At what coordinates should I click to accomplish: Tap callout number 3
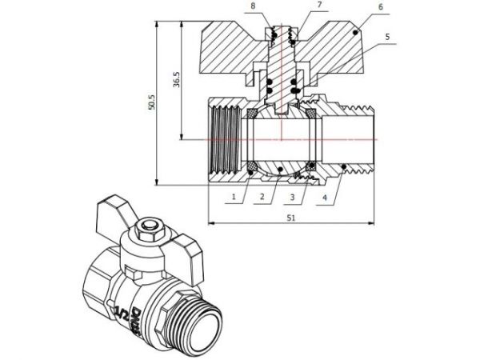(294, 196)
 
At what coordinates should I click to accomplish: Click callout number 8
(254, 6)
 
